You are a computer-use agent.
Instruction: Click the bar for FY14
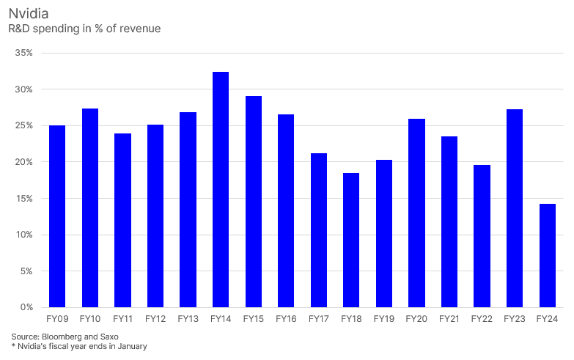point(221,189)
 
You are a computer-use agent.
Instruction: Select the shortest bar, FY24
point(548,255)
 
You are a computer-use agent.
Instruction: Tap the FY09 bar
point(57,216)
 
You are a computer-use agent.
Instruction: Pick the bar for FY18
point(351,240)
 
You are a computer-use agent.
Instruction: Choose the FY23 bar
point(515,208)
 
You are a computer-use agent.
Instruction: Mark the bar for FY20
point(416,213)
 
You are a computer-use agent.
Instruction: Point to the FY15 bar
point(254,202)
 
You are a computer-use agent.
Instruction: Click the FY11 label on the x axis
point(122,319)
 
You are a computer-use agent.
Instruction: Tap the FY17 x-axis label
point(318,319)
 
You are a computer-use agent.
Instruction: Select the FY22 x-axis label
point(482,319)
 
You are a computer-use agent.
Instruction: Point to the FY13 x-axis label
point(188,319)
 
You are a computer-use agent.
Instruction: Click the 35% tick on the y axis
point(23,53)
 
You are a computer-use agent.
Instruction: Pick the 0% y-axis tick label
point(26,307)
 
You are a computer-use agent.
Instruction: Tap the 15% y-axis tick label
point(23,199)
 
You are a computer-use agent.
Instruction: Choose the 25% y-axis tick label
point(23,125)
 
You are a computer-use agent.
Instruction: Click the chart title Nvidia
point(29,13)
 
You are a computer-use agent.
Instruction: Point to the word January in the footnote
point(132,346)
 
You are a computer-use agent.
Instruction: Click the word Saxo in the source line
point(109,337)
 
